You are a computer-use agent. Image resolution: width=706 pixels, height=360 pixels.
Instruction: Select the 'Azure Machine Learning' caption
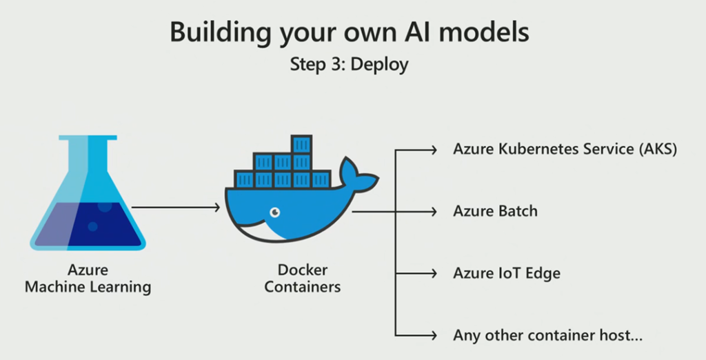[88, 278]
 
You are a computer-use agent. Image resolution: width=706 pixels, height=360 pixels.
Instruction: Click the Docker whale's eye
[275, 211]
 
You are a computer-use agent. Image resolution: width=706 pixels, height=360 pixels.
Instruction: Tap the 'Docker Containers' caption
[302, 278]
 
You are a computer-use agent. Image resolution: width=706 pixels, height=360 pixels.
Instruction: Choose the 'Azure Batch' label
[495, 211]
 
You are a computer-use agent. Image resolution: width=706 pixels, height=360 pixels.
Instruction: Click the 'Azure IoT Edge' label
[507, 273]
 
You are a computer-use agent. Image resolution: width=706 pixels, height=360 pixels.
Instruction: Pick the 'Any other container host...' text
[548, 336]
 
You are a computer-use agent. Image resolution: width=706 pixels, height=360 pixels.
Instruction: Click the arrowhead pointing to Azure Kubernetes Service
[434, 150]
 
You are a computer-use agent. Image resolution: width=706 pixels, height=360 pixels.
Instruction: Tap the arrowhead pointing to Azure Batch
[434, 211]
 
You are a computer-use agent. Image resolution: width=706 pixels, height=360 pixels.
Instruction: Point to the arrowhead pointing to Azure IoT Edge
[434, 273]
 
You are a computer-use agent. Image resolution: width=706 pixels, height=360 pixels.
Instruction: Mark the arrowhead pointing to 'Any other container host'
[434, 336]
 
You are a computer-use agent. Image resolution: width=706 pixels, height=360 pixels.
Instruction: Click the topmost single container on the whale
[302, 144]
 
